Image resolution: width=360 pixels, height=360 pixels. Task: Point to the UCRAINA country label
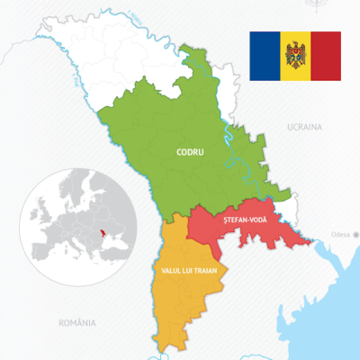[x=304, y=128]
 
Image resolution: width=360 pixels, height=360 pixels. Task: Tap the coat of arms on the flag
[x=295, y=56]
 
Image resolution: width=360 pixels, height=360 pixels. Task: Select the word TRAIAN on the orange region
[x=210, y=270]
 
